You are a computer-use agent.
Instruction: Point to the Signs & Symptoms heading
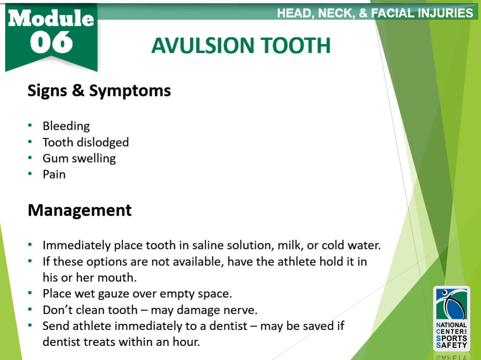coord(99,90)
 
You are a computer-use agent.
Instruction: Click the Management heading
coord(79,210)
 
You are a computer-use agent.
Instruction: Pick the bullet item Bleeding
coord(66,126)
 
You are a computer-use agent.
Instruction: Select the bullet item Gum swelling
coord(79,158)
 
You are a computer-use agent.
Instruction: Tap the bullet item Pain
coord(54,174)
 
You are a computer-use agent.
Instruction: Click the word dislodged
coord(103,142)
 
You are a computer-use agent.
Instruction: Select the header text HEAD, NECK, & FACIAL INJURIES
coord(375,13)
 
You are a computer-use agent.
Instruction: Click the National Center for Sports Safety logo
coord(451,319)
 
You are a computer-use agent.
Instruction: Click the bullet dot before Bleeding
coord(31,126)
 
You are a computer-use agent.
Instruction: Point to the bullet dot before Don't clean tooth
coord(31,310)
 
